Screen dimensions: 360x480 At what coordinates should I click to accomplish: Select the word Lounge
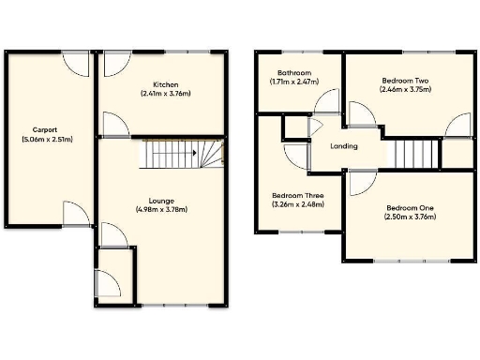click(161, 200)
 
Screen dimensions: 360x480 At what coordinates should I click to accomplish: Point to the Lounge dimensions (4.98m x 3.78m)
click(161, 209)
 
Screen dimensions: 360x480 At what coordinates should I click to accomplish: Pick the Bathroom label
click(294, 73)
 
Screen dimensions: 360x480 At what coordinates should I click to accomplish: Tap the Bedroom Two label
click(406, 81)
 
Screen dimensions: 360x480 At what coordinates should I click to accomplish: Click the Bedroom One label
click(406, 207)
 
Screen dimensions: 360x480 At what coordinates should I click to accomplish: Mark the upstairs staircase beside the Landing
click(413, 153)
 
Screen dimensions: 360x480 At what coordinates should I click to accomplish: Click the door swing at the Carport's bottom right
click(77, 215)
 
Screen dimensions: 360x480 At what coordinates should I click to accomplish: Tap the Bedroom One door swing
click(361, 184)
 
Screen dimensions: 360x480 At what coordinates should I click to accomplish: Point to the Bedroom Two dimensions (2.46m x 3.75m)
click(406, 90)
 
